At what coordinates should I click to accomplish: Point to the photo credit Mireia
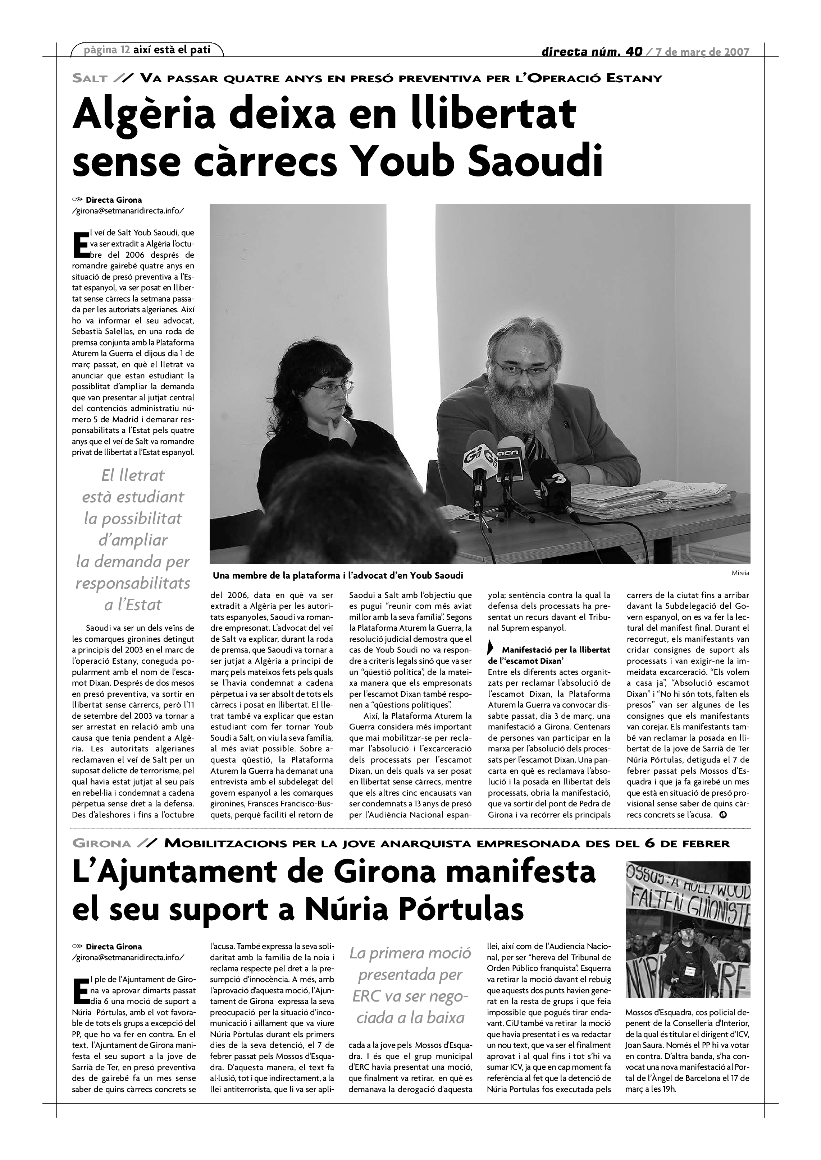coord(740,573)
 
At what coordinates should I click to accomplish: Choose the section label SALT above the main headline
coord(90,78)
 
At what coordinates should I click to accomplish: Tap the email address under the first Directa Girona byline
coord(128,211)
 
